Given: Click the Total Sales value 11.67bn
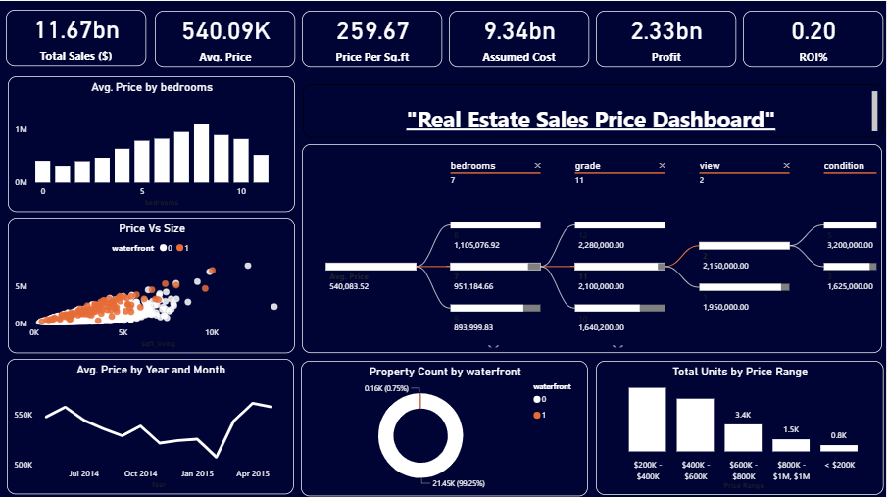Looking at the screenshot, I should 75,30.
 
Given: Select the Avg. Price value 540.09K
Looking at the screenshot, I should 226,30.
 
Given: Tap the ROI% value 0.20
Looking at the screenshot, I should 813,30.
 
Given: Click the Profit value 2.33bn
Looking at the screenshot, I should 666,30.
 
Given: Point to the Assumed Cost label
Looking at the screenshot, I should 518,57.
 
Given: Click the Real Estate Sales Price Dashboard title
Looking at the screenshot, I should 591,121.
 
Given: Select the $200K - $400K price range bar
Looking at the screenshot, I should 647,419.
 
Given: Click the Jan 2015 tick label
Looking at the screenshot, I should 197,473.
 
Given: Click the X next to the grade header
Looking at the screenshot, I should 662,166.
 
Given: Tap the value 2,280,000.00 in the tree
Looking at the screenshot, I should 603,245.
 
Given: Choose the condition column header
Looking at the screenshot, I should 844,166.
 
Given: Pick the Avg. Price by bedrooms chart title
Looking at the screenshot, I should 151,87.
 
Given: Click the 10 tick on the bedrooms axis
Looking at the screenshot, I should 241,192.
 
